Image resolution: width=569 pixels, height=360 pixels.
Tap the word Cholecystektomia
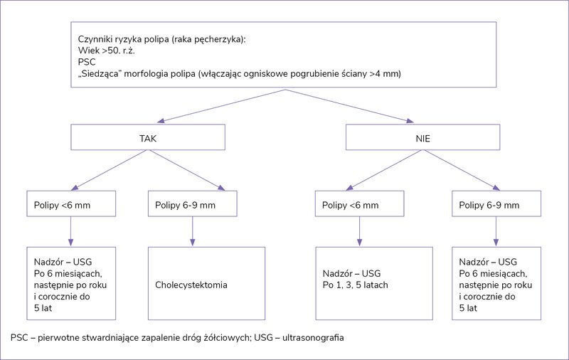pyautogui.click(x=191, y=285)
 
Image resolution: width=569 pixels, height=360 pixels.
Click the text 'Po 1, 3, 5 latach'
pyautogui.click(x=355, y=285)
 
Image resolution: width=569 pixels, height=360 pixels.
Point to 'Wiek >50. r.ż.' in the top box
pyautogui.click(x=106, y=51)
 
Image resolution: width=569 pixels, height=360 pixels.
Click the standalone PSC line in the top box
pyautogui.click(x=87, y=62)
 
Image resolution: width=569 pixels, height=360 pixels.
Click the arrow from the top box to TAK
pyautogui.click(x=221, y=106)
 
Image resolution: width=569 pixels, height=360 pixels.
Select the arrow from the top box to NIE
pyautogui.click(x=349, y=106)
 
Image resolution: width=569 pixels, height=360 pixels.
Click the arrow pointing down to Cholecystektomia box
pyautogui.click(x=192, y=231)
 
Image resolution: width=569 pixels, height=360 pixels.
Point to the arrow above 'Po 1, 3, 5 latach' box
pyautogui.click(x=360, y=231)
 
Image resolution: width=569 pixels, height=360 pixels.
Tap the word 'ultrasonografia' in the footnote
pyautogui.click(x=313, y=338)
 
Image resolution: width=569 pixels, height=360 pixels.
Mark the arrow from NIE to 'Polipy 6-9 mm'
pyautogui.click(x=460, y=170)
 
